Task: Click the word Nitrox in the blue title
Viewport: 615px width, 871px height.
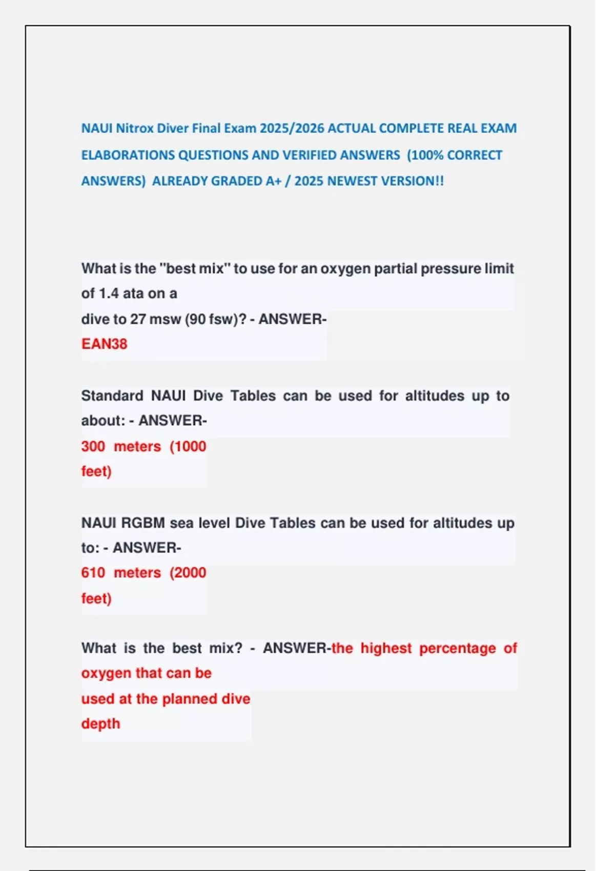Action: [135, 128]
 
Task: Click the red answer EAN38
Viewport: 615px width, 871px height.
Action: [104, 344]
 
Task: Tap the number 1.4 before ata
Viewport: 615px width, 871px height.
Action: [108, 294]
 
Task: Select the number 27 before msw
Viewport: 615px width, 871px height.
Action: [138, 319]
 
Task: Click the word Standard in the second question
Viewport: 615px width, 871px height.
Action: [112, 396]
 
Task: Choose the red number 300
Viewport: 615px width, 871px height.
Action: [93, 446]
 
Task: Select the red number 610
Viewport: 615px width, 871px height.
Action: [93, 573]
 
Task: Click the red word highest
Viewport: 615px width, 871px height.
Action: [386, 648]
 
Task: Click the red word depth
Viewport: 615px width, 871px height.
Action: [100, 724]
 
